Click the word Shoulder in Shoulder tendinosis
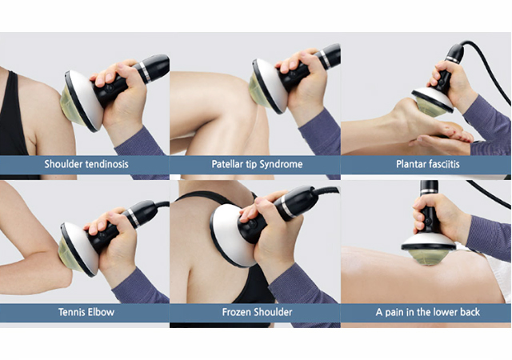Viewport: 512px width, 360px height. click(x=62, y=164)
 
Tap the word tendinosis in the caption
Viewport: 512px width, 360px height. click(x=106, y=164)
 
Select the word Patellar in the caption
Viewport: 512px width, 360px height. click(x=227, y=164)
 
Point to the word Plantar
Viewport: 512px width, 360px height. click(x=409, y=164)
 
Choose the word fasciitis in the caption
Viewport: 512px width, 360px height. click(x=442, y=164)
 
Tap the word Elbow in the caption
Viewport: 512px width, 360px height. click(x=99, y=312)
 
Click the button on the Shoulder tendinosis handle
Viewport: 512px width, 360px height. click(x=110, y=88)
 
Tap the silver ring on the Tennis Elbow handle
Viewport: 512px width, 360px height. click(x=134, y=218)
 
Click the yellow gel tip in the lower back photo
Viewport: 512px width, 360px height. click(x=428, y=257)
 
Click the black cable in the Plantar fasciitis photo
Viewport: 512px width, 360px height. click(x=490, y=70)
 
